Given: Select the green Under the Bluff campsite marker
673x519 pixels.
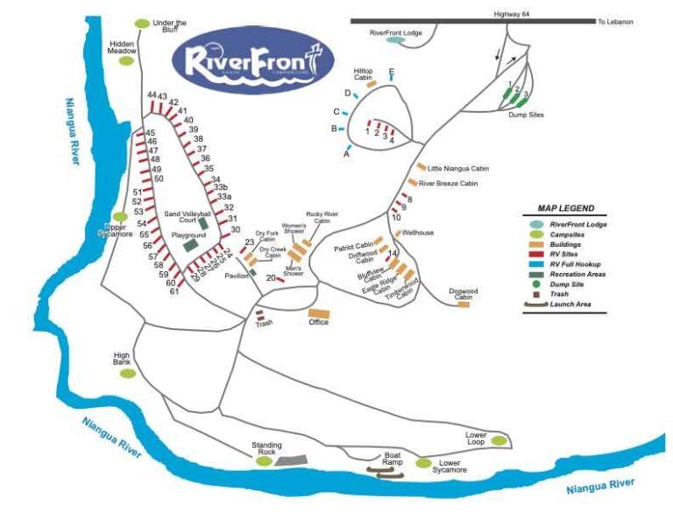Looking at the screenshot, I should click(x=142, y=24).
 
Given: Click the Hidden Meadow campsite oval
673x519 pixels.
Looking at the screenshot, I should click(x=127, y=61).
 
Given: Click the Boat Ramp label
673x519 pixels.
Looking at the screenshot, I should click(x=392, y=459).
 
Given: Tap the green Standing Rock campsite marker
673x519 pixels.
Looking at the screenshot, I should click(x=264, y=460).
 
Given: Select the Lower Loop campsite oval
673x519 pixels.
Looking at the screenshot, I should click(x=499, y=439).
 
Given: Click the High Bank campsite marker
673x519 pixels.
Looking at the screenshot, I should click(x=128, y=373).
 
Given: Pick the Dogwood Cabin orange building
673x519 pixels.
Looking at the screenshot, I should click(x=464, y=305).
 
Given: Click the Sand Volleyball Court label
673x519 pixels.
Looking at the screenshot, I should click(x=188, y=216).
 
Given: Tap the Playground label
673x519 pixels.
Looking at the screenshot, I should click(x=188, y=235).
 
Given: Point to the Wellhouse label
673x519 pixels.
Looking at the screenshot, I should click(x=418, y=233).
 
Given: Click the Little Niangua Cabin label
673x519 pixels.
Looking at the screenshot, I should click(x=457, y=168).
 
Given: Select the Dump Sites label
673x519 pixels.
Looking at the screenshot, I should click(x=526, y=114).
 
